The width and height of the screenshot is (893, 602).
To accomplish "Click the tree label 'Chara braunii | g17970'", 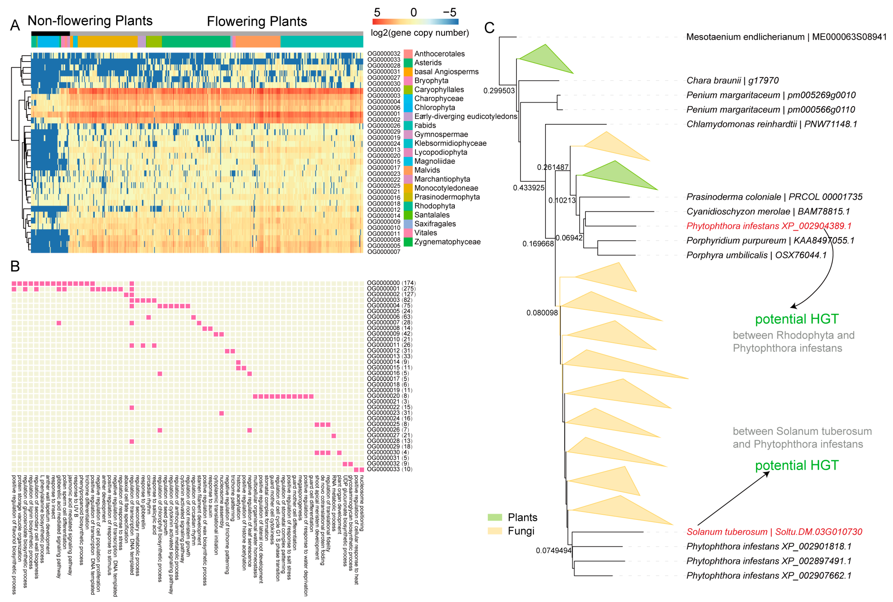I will coord(732,81).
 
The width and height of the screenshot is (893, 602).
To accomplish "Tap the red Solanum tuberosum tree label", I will coord(774,532).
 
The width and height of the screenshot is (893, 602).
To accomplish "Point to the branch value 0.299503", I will coord(499,91).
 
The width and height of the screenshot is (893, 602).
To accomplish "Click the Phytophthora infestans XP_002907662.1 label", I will coord(768,575).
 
